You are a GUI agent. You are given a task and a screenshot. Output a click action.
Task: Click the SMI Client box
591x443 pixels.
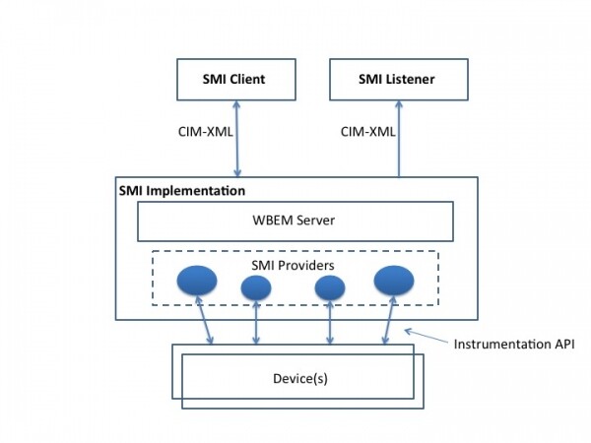(x=234, y=79)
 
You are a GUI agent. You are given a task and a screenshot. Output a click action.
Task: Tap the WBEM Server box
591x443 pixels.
(x=295, y=221)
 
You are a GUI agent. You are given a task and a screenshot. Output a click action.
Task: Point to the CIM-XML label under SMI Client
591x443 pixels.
(x=204, y=131)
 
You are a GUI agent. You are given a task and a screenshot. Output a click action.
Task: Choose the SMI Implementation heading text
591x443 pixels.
(x=181, y=189)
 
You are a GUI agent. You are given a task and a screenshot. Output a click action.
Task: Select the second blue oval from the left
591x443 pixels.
(x=256, y=287)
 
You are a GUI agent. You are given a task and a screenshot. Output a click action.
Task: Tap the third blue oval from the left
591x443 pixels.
(x=330, y=287)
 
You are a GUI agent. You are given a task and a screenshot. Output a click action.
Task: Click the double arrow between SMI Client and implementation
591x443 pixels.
(x=237, y=138)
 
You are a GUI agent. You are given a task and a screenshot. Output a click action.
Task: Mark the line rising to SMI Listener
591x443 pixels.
(x=399, y=138)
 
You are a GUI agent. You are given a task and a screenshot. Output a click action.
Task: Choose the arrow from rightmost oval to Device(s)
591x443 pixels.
(x=387, y=323)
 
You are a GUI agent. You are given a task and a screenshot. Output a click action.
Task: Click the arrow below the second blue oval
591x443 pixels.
(x=256, y=323)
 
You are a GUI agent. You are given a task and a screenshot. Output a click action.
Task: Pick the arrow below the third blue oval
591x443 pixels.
(x=330, y=323)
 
